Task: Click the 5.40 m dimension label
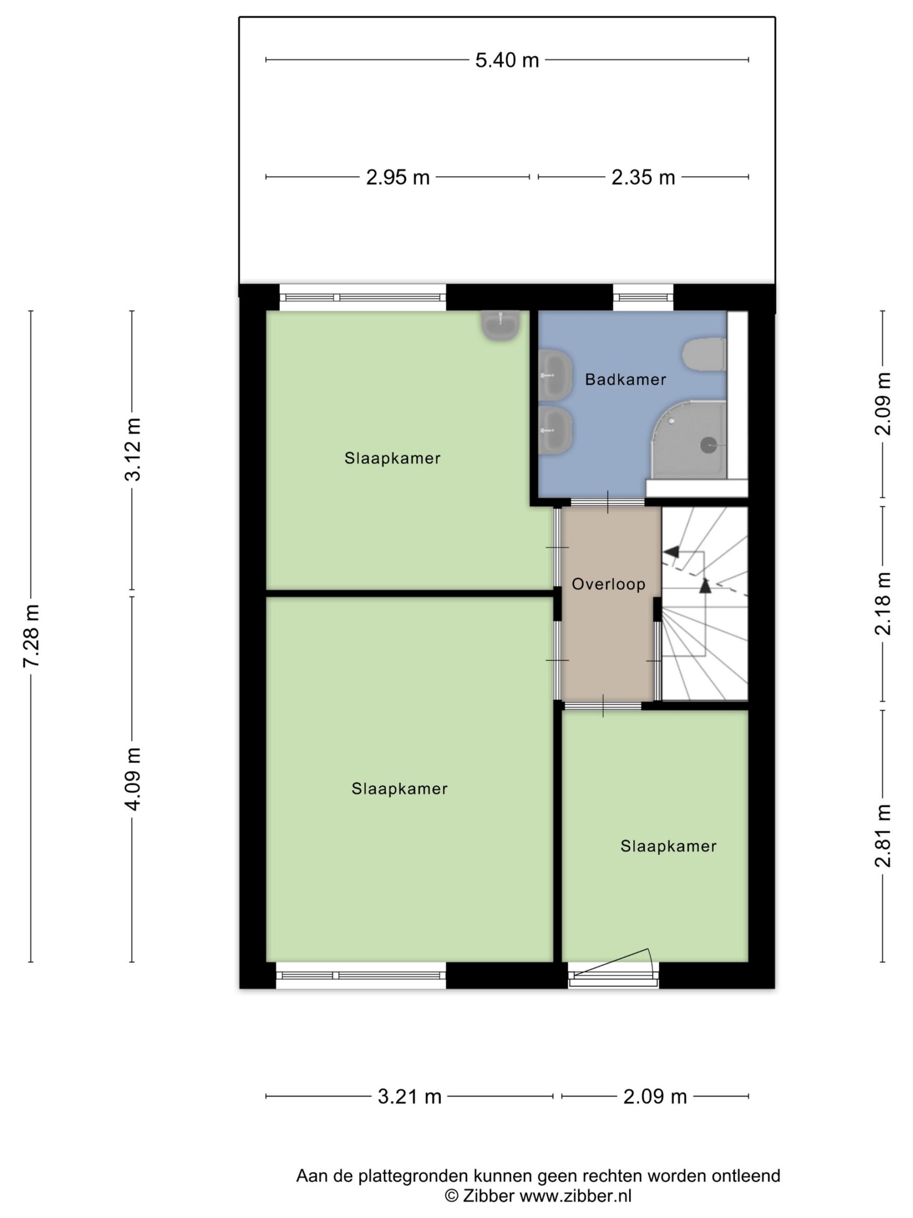click(507, 60)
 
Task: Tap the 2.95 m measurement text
click(398, 177)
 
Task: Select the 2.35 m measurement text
click(643, 177)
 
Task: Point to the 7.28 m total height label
click(31, 636)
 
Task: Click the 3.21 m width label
click(409, 1097)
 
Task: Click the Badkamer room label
click(625, 379)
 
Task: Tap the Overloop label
click(608, 584)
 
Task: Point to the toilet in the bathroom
click(704, 354)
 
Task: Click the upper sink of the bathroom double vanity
click(555, 374)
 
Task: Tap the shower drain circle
click(708, 445)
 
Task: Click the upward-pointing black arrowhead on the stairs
click(705, 585)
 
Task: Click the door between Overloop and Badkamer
click(608, 501)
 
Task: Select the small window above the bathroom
click(643, 297)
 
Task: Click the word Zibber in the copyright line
click(488, 1196)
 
